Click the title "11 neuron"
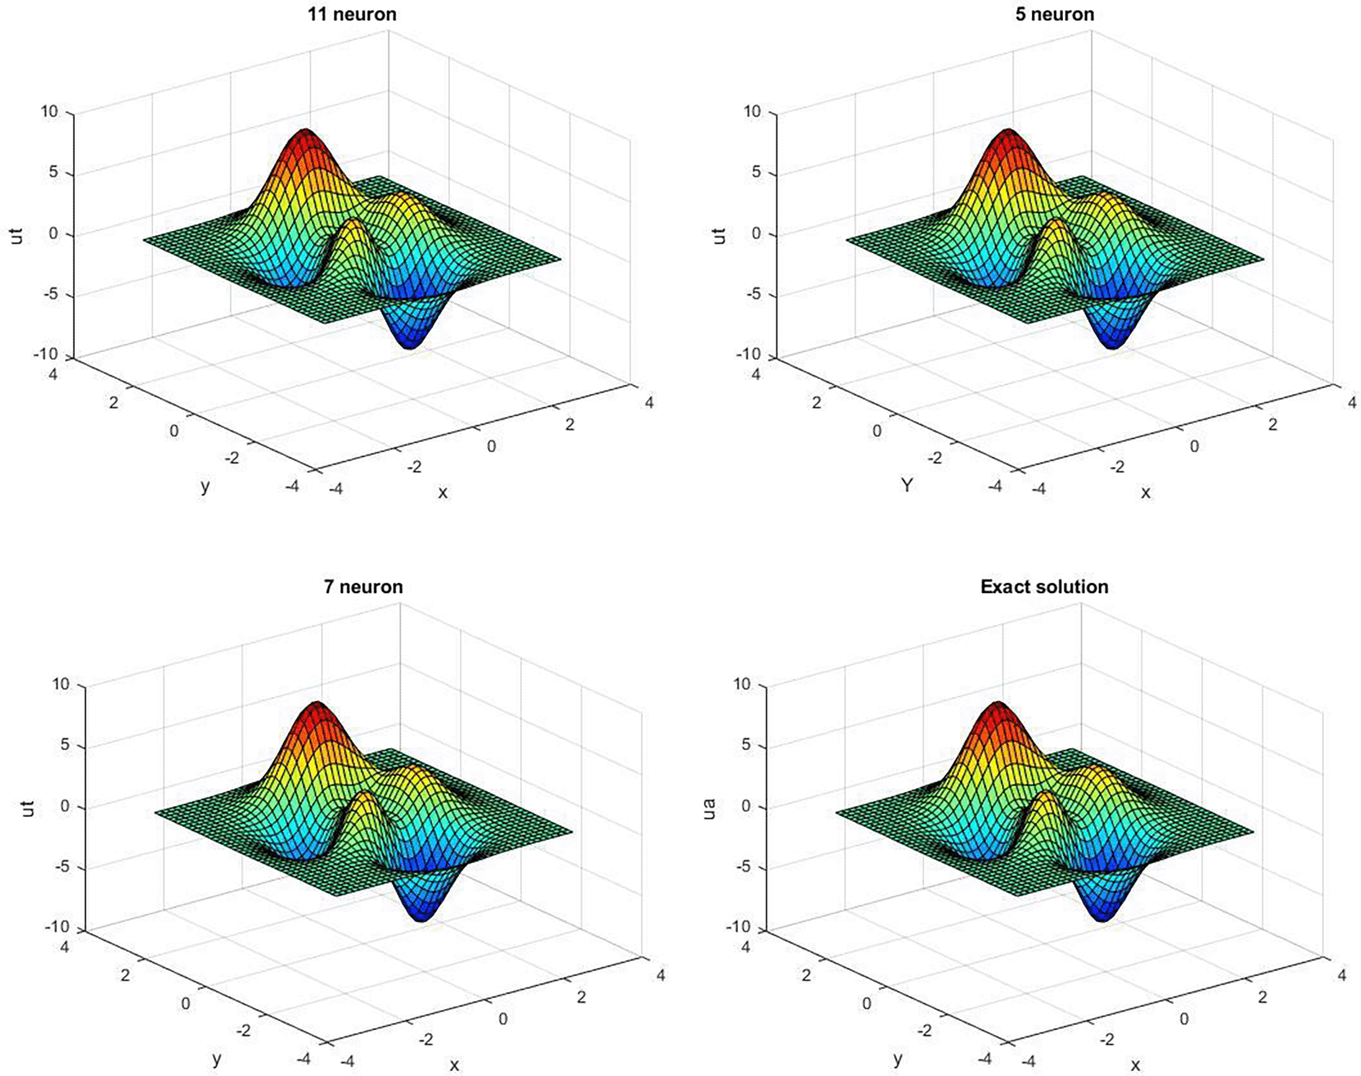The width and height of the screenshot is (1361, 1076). pyautogui.click(x=352, y=14)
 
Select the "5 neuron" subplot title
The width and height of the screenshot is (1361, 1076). pyautogui.click(x=1054, y=14)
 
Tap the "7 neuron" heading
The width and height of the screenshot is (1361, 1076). pyautogui.click(x=363, y=587)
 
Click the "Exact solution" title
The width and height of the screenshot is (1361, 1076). pyautogui.click(x=1044, y=587)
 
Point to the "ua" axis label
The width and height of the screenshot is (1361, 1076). pyautogui.click(x=709, y=808)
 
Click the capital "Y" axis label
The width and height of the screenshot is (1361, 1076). pyautogui.click(x=907, y=484)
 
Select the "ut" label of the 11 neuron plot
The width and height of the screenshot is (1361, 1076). pyautogui.click(x=17, y=236)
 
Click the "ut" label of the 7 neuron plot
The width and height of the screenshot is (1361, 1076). pyautogui.click(x=28, y=808)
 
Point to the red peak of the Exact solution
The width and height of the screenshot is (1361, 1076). pyautogui.click(x=999, y=710)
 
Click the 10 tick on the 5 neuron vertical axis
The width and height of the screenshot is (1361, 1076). pyautogui.click(x=752, y=112)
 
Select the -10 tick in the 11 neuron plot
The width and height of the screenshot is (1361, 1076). pyautogui.click(x=46, y=355)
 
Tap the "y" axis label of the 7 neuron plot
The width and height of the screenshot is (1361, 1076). pyautogui.click(x=216, y=1059)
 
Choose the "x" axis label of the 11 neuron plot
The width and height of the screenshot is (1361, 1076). pyautogui.click(x=443, y=492)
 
